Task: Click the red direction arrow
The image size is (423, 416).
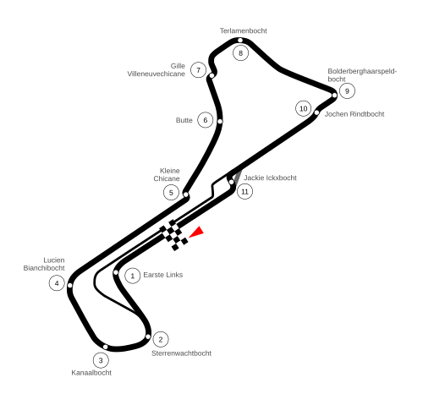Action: click(198, 233)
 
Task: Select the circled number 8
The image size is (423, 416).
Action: click(240, 53)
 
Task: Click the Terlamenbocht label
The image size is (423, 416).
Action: click(243, 30)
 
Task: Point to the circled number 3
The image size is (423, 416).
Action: click(101, 360)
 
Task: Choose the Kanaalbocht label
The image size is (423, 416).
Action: click(91, 373)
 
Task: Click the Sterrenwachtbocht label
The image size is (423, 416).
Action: click(181, 353)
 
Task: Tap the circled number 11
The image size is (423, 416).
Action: click(244, 192)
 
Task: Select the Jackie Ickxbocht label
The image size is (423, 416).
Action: click(270, 178)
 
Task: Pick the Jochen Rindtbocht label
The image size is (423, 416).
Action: click(354, 114)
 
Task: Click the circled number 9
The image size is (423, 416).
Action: click(347, 91)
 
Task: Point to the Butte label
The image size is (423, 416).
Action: click(184, 120)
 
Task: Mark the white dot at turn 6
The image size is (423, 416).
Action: click(220, 122)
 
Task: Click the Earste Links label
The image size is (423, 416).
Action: click(163, 275)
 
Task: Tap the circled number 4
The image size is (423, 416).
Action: click(57, 283)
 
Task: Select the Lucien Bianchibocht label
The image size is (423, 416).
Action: click(44, 264)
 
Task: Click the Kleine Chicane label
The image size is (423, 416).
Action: click(167, 175)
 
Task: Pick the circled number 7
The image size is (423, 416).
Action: click(198, 70)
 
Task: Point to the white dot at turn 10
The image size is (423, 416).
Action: click(316, 112)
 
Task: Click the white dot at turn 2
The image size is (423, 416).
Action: click(148, 337)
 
